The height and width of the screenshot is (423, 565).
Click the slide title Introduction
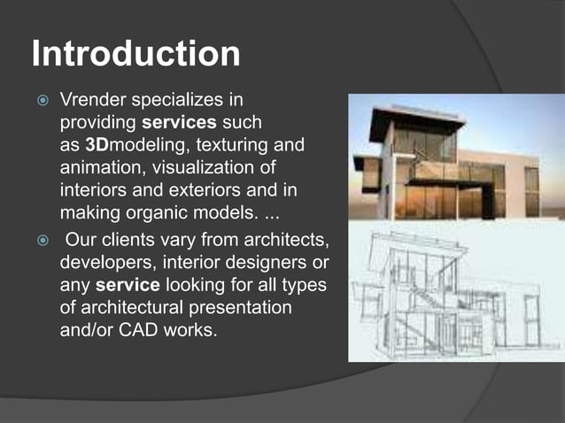click(135, 54)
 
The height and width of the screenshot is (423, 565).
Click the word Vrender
click(90, 98)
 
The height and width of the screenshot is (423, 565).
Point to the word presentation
click(233, 311)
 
